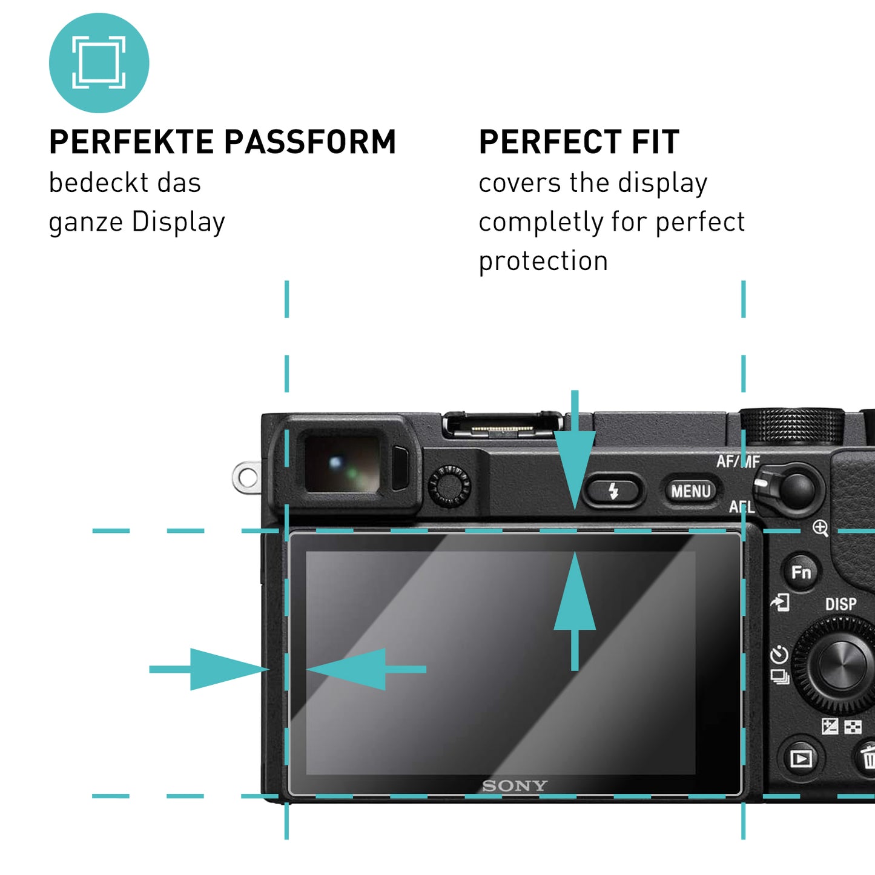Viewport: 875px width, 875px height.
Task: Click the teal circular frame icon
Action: point(99,62)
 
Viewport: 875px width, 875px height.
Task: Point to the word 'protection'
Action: point(543,261)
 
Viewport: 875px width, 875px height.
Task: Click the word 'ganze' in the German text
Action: point(86,222)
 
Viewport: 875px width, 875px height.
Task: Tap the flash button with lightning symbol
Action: point(613,490)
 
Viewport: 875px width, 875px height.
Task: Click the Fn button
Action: point(801,572)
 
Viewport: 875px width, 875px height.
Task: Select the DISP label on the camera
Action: point(840,604)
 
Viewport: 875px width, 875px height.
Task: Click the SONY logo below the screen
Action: point(514,785)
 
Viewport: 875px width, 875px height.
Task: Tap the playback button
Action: point(801,758)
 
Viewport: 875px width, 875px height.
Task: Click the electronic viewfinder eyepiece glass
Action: point(342,464)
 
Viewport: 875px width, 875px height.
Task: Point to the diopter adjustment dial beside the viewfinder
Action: point(449,486)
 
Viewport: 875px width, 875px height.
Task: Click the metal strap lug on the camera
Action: point(246,478)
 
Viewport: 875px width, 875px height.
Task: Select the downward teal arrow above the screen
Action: point(575,460)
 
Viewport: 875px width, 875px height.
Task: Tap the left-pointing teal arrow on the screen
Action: point(363,669)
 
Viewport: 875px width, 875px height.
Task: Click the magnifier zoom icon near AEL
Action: point(820,528)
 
